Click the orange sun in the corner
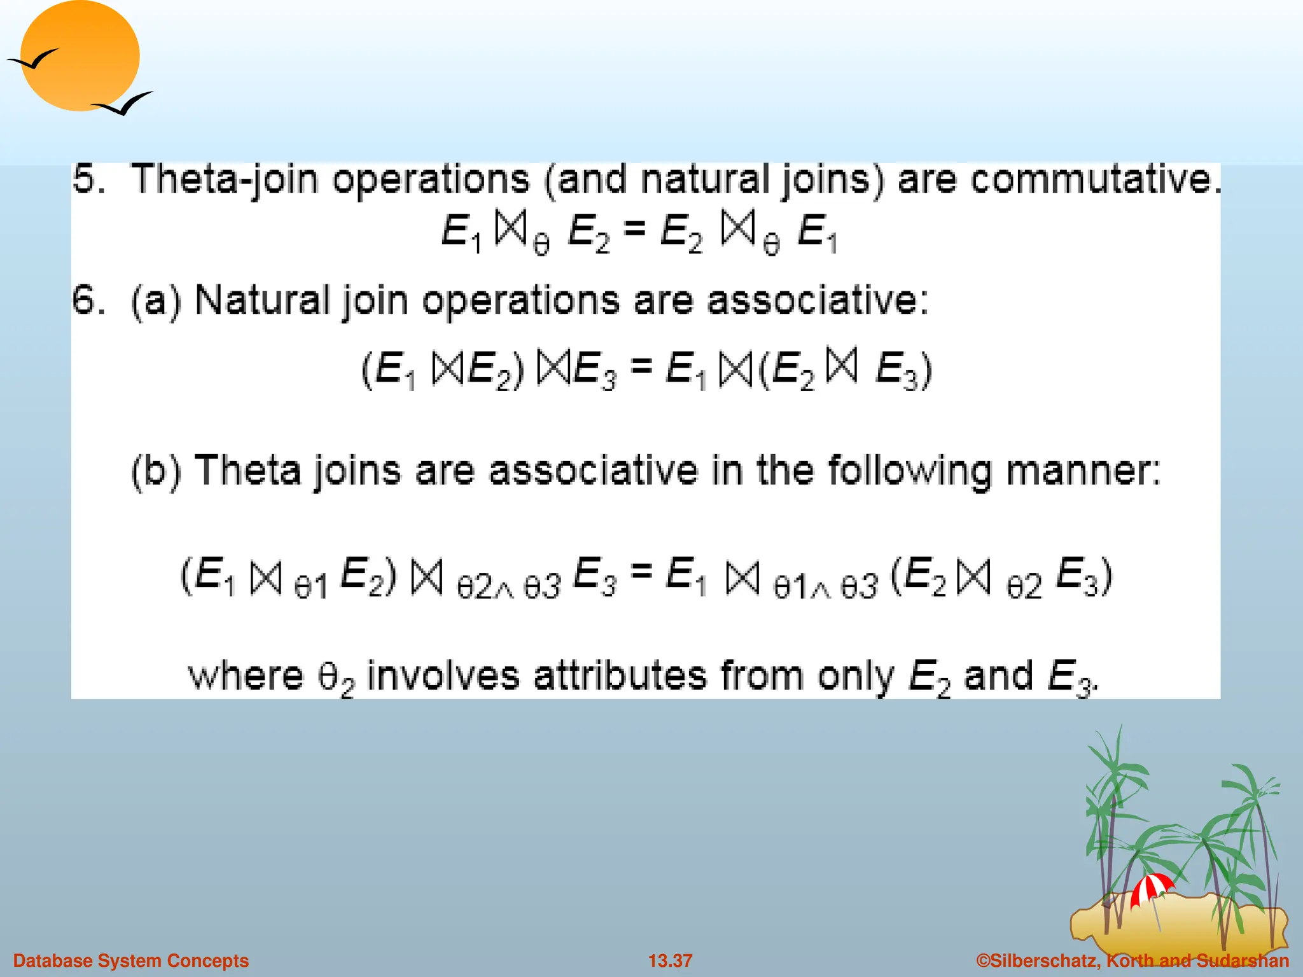click(x=80, y=56)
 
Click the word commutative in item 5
click(x=1096, y=179)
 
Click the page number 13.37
click(x=670, y=960)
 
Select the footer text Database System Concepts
click(x=131, y=960)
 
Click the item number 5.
click(x=88, y=179)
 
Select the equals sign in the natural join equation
click(x=641, y=366)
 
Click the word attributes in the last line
click(x=620, y=676)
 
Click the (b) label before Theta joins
click(x=157, y=472)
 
